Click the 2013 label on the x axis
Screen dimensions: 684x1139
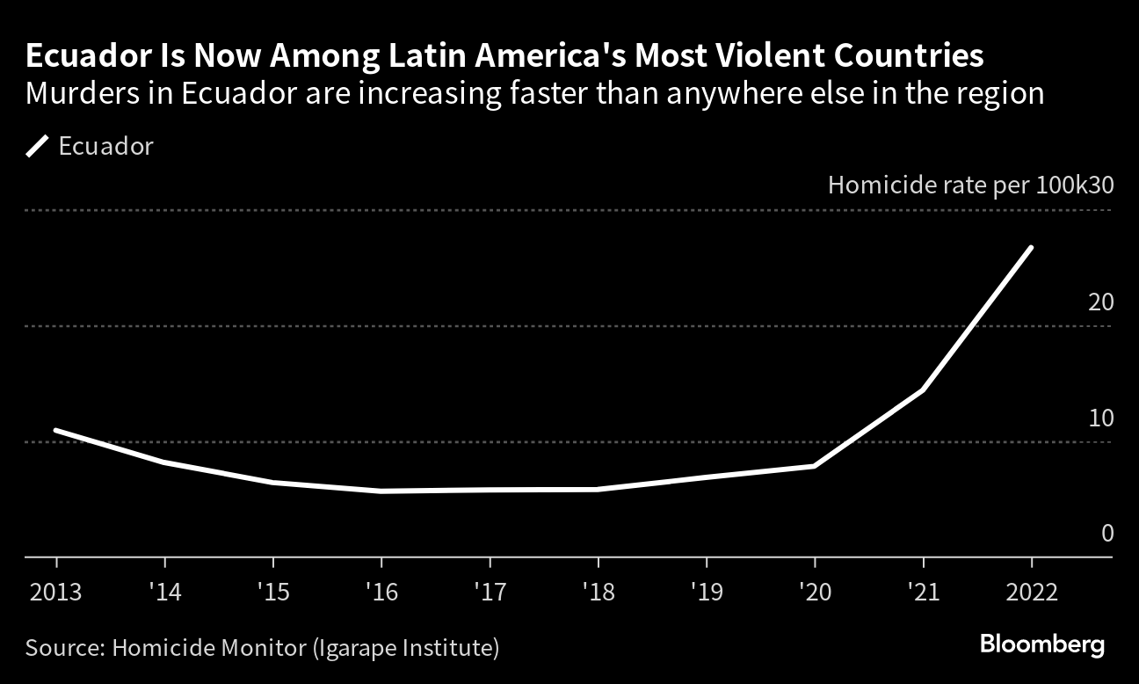56,592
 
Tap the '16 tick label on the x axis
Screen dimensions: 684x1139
381,592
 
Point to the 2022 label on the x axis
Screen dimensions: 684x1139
1031,592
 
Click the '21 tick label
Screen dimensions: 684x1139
923,592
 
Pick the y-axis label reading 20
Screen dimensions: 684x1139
1100,302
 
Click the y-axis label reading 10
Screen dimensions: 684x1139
1100,418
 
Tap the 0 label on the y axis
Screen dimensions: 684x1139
1106,534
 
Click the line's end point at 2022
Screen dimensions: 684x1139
1031,248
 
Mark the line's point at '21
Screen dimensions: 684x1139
923,389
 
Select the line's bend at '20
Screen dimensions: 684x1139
815,466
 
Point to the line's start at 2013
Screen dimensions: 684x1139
56,430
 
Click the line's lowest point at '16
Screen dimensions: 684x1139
381,491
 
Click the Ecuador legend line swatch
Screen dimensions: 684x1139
37,146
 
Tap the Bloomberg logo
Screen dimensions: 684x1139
1041,645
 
